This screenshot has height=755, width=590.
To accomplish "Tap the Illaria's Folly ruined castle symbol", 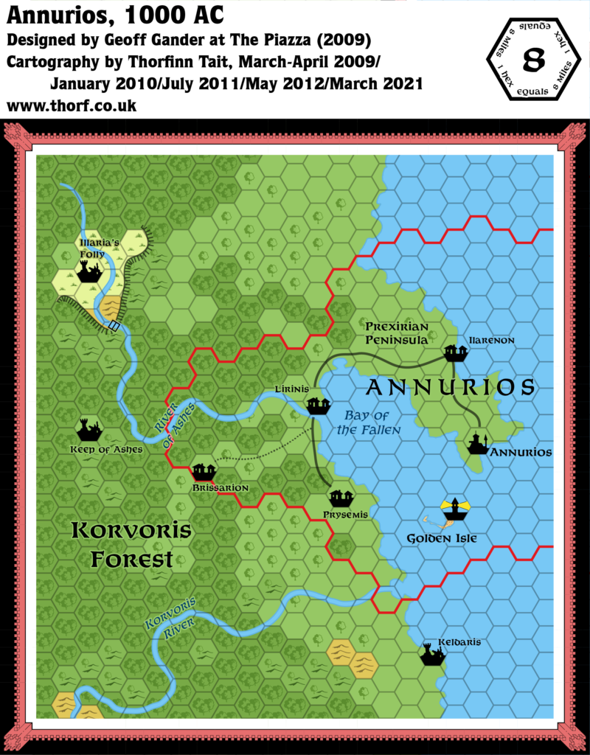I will [x=89, y=272].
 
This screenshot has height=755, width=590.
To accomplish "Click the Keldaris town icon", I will [x=431, y=654].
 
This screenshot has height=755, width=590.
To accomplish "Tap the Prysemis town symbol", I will [x=341, y=498].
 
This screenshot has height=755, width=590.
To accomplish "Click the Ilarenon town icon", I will [x=455, y=353].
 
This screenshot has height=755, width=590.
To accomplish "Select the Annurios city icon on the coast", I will [x=478, y=443].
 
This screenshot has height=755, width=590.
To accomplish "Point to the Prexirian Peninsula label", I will [x=397, y=333].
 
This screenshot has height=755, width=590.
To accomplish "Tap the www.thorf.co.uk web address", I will [x=71, y=105].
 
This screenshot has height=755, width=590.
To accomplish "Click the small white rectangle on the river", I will [x=114, y=325].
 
